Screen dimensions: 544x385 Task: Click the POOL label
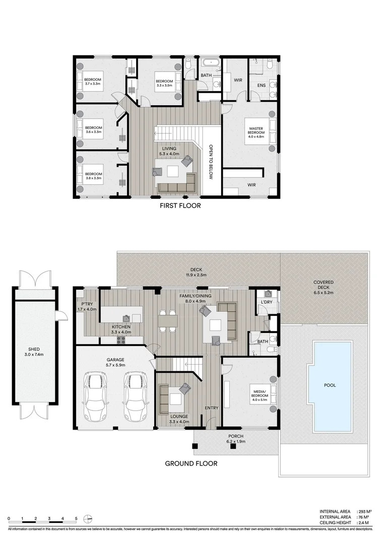[x=330, y=385]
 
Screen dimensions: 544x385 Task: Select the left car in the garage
[x=96, y=398]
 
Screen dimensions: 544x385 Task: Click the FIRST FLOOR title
[x=180, y=206]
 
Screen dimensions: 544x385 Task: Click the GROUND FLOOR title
[x=191, y=463]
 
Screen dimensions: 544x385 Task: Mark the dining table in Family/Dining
[x=167, y=321]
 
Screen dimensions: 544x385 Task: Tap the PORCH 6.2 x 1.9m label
[x=235, y=439]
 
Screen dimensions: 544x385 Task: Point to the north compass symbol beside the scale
[x=88, y=518]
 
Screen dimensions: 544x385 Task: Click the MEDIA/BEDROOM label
[x=260, y=394]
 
